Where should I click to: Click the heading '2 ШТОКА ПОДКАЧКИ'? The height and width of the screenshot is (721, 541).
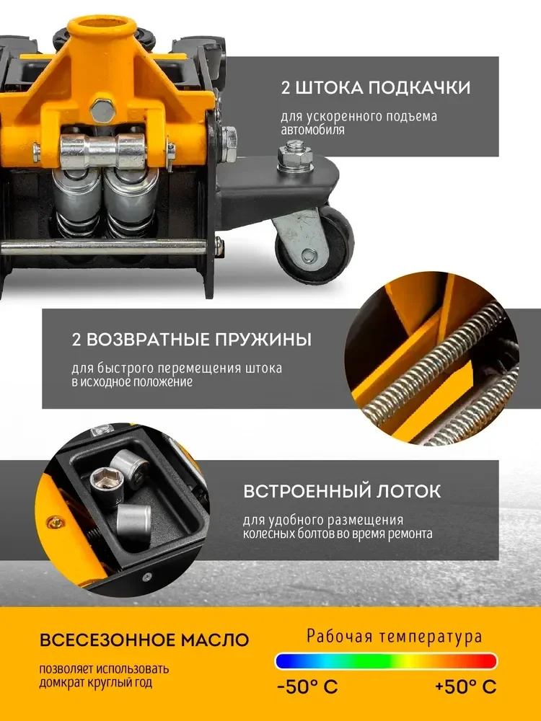pyautogui.click(x=375, y=88)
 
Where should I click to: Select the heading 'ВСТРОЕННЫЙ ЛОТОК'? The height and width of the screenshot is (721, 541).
pyautogui.click(x=341, y=492)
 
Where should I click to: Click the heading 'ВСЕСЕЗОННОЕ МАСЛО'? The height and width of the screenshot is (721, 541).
pyautogui.click(x=144, y=640)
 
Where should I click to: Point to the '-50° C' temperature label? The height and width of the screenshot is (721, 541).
pyautogui.click(x=307, y=686)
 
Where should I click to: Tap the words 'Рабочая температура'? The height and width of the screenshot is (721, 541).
pyautogui.click(x=394, y=637)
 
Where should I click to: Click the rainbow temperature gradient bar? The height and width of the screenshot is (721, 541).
pyautogui.click(x=386, y=661)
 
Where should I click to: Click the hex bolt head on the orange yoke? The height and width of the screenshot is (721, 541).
pyautogui.click(x=105, y=112)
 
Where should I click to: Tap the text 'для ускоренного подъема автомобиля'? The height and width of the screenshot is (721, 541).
pyautogui.click(x=359, y=123)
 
